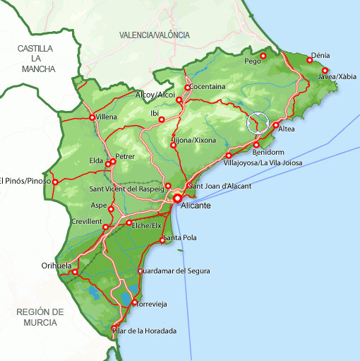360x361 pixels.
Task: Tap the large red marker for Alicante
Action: pyautogui.click(x=178, y=199)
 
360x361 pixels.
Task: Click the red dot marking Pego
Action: pyautogui.click(x=263, y=56)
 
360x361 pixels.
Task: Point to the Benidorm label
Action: pyautogui.click(x=268, y=152)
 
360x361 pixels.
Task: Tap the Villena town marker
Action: pyautogui.click(x=92, y=117)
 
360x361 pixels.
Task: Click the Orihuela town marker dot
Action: pyautogui.click(x=75, y=271)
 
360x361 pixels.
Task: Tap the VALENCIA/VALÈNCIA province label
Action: pyautogui.click(x=155, y=35)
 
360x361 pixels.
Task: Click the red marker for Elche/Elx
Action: pyautogui.click(x=130, y=223)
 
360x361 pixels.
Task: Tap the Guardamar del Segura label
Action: pyautogui.click(x=174, y=271)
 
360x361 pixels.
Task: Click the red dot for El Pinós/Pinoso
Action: pyautogui.click(x=56, y=181)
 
